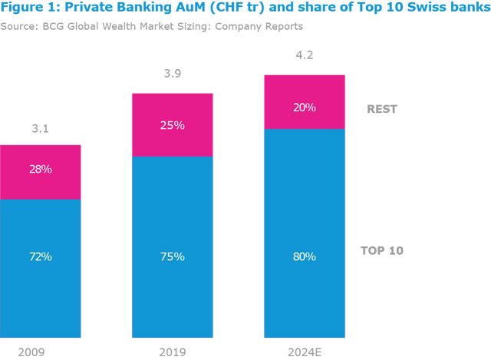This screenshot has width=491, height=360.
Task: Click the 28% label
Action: coord(41,169)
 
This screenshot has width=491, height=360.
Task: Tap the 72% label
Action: coord(41,256)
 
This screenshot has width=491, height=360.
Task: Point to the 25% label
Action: coord(173,124)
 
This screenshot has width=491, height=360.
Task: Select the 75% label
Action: coord(173,256)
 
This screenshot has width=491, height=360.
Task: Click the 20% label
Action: coord(304,107)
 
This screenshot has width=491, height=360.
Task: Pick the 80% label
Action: coord(304,256)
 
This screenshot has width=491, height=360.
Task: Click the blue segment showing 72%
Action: coord(41,292)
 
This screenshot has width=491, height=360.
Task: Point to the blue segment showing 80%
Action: coord(304,299)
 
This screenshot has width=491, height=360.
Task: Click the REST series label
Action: coord(382,108)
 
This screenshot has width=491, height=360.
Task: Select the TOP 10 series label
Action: coord(381,250)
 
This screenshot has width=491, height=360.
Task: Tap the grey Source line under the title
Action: coord(153,25)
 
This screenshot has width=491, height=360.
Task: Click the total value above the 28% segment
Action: coord(41,128)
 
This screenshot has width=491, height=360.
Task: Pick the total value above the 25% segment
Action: coord(173,74)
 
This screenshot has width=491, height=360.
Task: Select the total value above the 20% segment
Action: coord(304,57)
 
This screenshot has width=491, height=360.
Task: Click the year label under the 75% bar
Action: coord(173,352)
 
